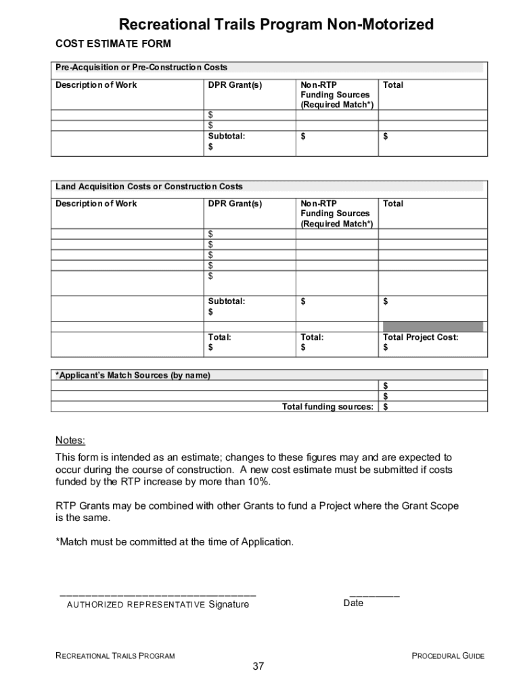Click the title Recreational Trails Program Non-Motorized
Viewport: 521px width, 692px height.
[276, 25]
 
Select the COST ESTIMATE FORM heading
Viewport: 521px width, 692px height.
[113, 44]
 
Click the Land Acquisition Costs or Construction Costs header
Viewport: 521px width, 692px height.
[149, 187]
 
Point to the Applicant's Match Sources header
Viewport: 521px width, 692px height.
[133, 375]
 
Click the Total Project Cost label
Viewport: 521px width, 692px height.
[420, 337]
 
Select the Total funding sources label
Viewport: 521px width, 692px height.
[327, 407]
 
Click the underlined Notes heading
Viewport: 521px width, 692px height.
[70, 441]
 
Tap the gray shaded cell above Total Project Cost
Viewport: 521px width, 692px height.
[432, 326]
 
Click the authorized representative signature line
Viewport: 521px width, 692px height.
[158, 594]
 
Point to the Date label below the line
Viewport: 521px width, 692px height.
[353, 603]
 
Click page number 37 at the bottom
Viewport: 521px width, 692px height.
[258, 667]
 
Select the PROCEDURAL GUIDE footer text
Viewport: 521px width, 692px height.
[448, 656]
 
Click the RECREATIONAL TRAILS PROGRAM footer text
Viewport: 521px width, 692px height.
[115, 656]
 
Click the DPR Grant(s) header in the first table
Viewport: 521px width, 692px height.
[234, 85]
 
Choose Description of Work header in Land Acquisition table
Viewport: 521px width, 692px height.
[96, 203]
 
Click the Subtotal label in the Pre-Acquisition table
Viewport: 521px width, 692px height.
[226, 137]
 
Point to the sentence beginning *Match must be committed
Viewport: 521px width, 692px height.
[175, 542]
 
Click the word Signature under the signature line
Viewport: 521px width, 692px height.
[228, 604]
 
